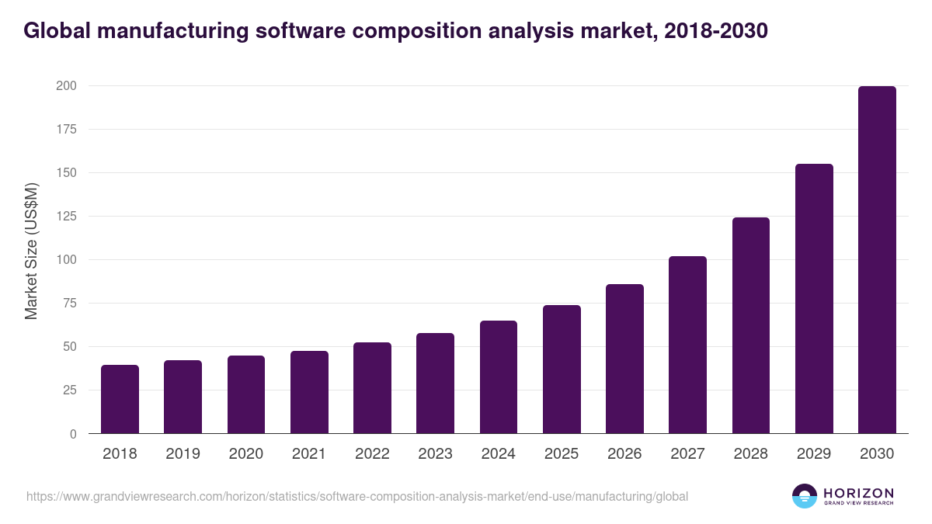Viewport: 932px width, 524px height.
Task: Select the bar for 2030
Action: click(877, 260)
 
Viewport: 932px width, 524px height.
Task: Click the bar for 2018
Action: click(120, 399)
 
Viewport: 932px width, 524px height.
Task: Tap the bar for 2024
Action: click(499, 377)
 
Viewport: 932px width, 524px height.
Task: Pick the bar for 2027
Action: click(687, 345)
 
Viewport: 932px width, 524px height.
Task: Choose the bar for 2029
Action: click(814, 299)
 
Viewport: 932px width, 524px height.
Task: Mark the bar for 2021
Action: click(309, 392)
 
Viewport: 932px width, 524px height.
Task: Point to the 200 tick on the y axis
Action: click(66, 85)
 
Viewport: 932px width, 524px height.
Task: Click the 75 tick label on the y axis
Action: click(69, 303)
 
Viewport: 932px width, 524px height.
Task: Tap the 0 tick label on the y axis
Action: click(73, 434)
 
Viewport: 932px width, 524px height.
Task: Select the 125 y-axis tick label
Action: click(66, 216)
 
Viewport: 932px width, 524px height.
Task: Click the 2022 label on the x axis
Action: click(372, 454)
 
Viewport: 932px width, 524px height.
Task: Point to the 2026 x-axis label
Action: click(624, 454)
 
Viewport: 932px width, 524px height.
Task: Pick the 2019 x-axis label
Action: click(183, 454)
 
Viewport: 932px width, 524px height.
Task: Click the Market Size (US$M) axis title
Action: click(31, 252)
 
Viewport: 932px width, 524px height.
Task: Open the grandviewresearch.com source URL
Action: click(356, 496)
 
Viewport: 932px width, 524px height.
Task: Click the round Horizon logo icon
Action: click(805, 496)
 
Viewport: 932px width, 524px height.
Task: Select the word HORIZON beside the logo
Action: click(858, 492)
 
